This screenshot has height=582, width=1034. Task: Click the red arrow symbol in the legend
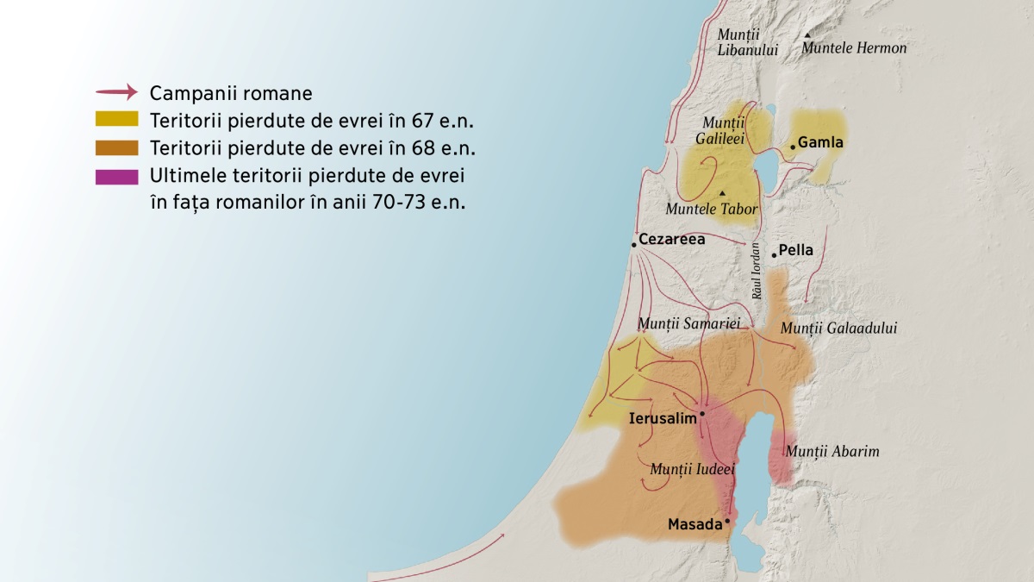tap(116, 92)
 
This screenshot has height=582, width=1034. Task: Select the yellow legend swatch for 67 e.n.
tap(117, 119)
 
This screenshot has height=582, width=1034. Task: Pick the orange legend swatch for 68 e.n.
tap(117, 147)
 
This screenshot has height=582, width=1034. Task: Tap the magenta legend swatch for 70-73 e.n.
tap(117, 177)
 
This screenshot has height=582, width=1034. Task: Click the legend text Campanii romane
tap(231, 92)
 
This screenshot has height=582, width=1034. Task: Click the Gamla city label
tap(820, 142)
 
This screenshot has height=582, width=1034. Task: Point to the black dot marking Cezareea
tap(633, 245)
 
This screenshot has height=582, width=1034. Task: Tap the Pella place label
tap(795, 251)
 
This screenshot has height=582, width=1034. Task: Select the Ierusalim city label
tap(663, 418)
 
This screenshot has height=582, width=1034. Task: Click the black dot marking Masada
tap(727, 521)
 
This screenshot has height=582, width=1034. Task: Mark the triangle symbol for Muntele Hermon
tap(807, 35)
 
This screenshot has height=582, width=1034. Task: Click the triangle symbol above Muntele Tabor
tap(722, 192)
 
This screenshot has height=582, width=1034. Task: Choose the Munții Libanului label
tap(747, 42)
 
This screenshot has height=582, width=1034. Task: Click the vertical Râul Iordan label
tap(757, 271)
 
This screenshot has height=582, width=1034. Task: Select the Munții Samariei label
tap(688, 323)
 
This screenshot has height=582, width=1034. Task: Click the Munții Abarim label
tap(832, 451)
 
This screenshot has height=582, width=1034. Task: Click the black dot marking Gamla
tap(792, 147)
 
